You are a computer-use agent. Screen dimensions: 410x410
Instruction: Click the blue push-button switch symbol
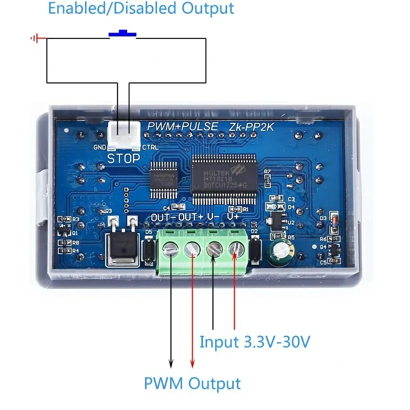[x=122, y=34]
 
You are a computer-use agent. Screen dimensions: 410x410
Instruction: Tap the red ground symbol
[x=35, y=38]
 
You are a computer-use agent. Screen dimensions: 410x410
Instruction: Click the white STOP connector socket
[x=123, y=136]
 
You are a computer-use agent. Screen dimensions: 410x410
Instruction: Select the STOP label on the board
[x=123, y=159]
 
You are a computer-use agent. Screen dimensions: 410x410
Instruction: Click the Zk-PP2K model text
[x=252, y=128]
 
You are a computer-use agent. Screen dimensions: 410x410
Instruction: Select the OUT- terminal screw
[x=170, y=249]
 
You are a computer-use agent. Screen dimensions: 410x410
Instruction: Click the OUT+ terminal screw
[x=192, y=249]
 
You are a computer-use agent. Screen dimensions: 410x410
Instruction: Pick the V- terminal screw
[x=214, y=249]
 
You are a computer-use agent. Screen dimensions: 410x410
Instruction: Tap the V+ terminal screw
[x=235, y=249]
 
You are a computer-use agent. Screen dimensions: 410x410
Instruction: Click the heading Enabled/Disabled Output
[x=141, y=9]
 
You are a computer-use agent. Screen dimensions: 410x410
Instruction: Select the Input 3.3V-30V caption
[x=254, y=342]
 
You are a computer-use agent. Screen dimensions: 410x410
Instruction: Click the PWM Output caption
[x=192, y=383]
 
